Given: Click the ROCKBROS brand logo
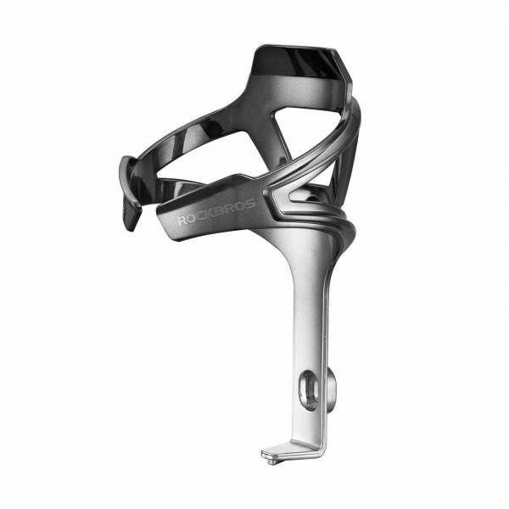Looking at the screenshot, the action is (x=216, y=212).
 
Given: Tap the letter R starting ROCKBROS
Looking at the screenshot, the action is (x=182, y=221).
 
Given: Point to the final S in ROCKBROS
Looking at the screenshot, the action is (x=250, y=204).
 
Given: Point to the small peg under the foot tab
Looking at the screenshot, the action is (x=271, y=461).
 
